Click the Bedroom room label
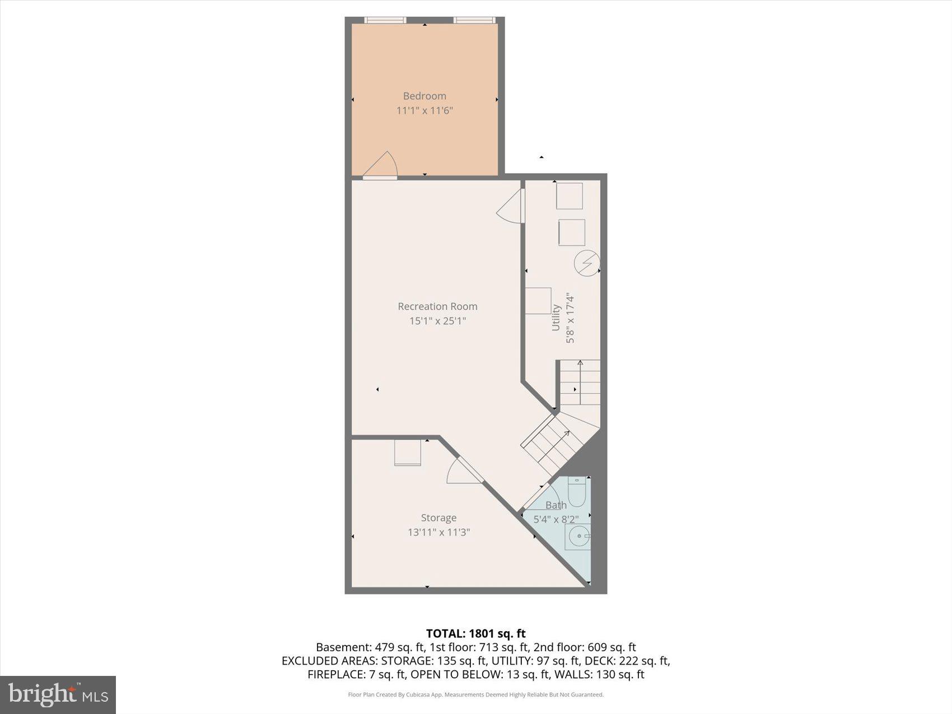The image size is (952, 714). pyautogui.click(x=424, y=96)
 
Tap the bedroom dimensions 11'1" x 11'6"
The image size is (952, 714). pyautogui.click(x=424, y=110)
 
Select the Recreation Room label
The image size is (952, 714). pyautogui.click(x=437, y=306)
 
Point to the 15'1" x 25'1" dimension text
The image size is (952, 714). pyautogui.click(x=437, y=321)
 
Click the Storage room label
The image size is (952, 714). pyautogui.click(x=438, y=518)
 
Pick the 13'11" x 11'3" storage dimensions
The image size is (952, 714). pyautogui.click(x=438, y=532)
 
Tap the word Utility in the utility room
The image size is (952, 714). pyautogui.click(x=556, y=317)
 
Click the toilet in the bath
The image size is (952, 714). pyautogui.click(x=577, y=491)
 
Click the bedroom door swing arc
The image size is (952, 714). pyautogui.click(x=382, y=165)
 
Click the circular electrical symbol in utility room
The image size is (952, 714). pyautogui.click(x=587, y=263)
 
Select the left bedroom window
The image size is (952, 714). pyautogui.click(x=385, y=20)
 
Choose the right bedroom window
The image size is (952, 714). pyautogui.click(x=474, y=20)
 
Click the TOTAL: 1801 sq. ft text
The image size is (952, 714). pyautogui.click(x=475, y=633)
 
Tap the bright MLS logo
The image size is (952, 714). pyautogui.click(x=58, y=695)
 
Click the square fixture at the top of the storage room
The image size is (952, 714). pyautogui.click(x=408, y=452)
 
